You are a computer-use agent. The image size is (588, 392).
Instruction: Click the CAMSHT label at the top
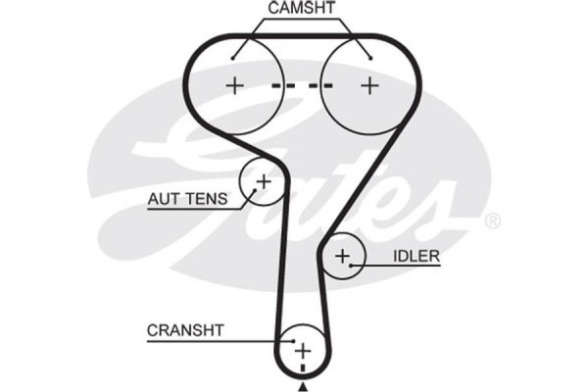[x=302, y=8]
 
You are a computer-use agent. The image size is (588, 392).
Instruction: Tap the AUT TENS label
[x=187, y=199]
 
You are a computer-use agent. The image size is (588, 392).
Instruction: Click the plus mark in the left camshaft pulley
[x=234, y=85]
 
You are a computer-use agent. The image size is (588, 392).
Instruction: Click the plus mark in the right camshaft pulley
[x=369, y=85]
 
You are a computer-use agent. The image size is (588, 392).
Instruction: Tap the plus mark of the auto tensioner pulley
[x=263, y=181]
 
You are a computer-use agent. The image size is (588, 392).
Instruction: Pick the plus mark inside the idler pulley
[x=342, y=257]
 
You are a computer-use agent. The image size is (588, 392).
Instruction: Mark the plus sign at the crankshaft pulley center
[x=303, y=349]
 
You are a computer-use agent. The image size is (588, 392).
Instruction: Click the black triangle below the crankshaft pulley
[x=303, y=387]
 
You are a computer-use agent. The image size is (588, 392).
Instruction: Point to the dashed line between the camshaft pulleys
[x=302, y=85]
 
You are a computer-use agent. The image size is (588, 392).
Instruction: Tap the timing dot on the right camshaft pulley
[x=369, y=55]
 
